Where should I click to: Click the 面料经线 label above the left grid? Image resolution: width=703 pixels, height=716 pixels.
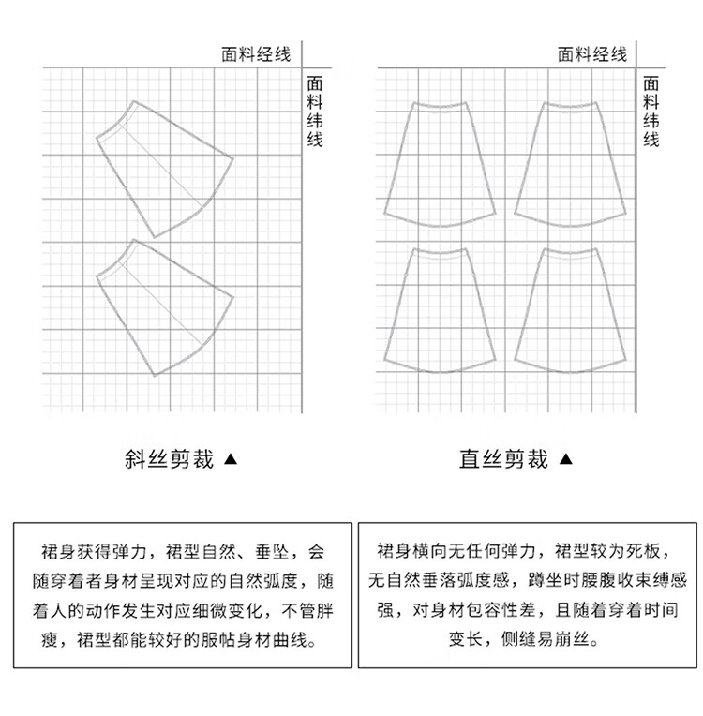[255, 54]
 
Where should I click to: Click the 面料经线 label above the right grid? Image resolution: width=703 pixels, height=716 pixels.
[592, 54]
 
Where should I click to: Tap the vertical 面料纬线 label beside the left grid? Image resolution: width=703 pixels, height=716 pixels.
[315, 112]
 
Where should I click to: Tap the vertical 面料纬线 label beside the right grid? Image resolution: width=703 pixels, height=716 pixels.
[651, 112]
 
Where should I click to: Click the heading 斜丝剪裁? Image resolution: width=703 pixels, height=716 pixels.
[169, 459]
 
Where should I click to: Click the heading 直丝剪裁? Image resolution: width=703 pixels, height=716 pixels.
[503, 459]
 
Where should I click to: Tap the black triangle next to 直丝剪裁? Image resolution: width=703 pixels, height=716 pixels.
[565, 460]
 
